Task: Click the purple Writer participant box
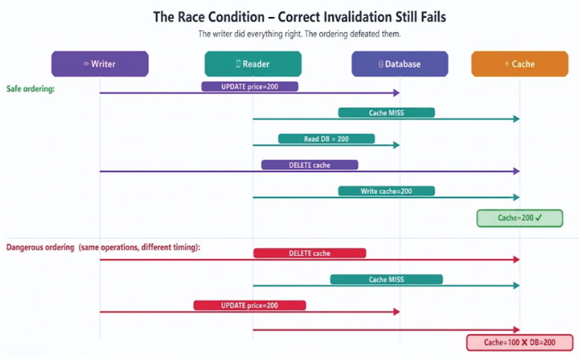[x=100, y=64]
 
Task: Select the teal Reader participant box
[x=253, y=64]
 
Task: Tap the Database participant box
[x=400, y=64]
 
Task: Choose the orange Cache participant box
[x=520, y=64]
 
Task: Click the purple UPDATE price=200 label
[x=250, y=87]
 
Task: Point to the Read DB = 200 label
[x=327, y=139]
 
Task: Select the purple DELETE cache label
[x=310, y=165]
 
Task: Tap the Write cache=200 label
[x=386, y=191]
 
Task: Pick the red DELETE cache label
[x=310, y=253]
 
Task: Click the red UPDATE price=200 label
[x=250, y=305]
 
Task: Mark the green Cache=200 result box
[x=520, y=218]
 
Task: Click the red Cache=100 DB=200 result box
[x=520, y=342]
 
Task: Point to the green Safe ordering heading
[x=31, y=89]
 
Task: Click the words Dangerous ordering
[x=40, y=247]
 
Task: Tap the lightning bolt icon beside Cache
[x=507, y=64]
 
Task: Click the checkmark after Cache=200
[x=539, y=218]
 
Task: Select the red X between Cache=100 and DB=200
[x=524, y=343]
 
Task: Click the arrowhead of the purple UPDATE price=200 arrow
[x=396, y=93]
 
